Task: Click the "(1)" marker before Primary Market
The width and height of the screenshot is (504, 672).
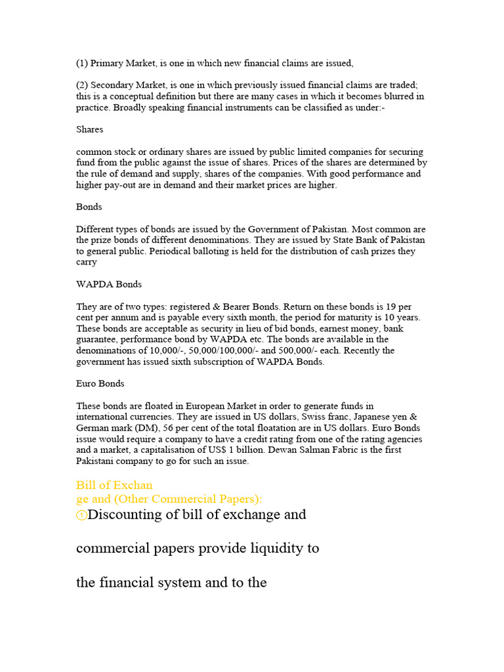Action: [x=82, y=63]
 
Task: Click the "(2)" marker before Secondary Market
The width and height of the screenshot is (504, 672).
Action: [x=82, y=85]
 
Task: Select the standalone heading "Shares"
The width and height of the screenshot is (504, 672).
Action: [x=90, y=129]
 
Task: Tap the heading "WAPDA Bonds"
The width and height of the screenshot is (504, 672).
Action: [x=109, y=284]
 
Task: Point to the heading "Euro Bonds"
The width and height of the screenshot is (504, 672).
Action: [x=100, y=383]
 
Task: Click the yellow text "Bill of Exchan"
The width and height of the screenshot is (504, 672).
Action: [x=114, y=486]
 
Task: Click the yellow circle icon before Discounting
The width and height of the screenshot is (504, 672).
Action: [x=81, y=516]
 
